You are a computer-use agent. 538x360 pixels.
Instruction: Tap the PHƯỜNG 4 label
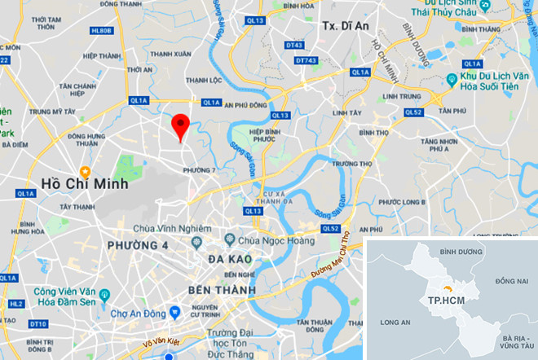click(x=140, y=245)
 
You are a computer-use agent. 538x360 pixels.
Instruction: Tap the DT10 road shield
click(x=37, y=325)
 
